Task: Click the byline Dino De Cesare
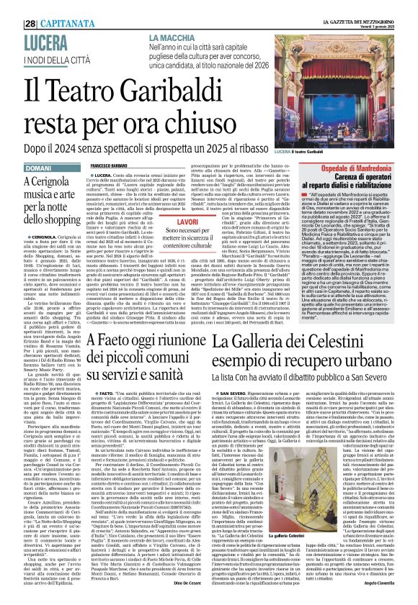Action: click(177, 588)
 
